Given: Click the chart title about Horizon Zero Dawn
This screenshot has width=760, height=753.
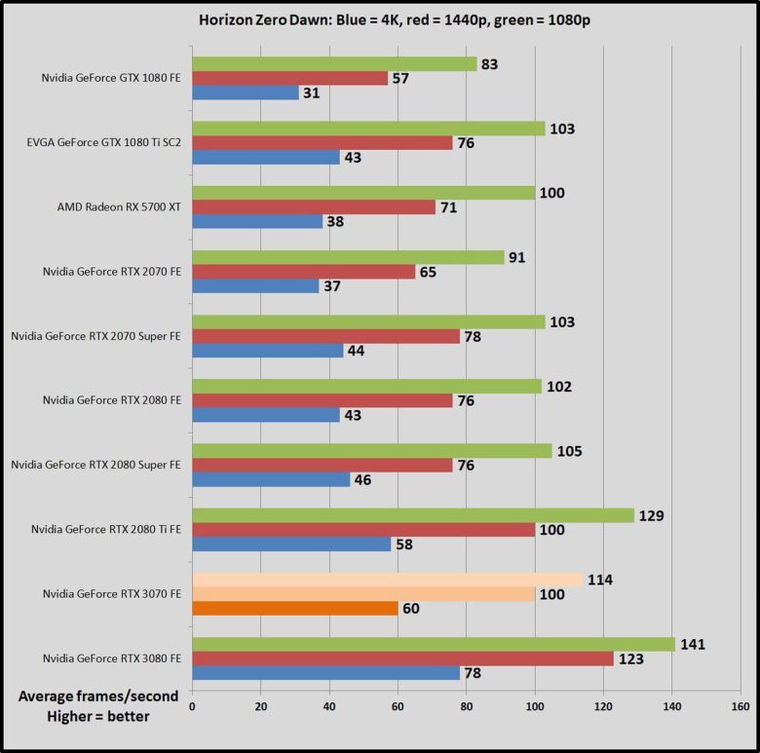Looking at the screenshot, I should [380, 19].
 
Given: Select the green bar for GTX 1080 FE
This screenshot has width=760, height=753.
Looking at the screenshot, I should [334, 64].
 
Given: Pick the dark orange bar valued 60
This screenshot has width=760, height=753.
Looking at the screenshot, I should [295, 609].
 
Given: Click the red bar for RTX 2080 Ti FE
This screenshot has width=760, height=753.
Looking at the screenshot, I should [363, 529].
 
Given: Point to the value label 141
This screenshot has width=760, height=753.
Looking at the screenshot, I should [693, 644].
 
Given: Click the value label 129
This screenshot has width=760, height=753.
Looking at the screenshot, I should [652, 514].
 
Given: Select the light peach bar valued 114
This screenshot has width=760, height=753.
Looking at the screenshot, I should [388, 580].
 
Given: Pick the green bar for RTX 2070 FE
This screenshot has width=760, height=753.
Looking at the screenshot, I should [348, 257].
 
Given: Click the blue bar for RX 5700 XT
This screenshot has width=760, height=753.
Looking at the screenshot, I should [257, 222].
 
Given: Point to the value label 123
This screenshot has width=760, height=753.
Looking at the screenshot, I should [631, 659].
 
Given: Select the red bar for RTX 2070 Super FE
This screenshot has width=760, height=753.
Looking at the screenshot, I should [325, 335].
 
